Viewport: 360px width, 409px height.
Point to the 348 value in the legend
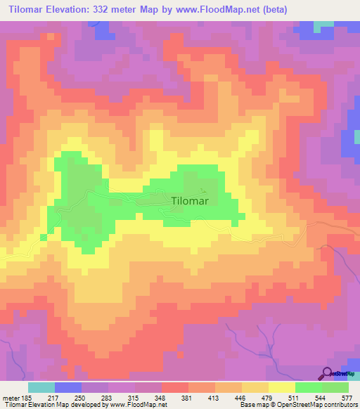[161, 398]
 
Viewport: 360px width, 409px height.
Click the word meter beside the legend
[10, 398]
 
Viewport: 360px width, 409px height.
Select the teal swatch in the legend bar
[41, 387]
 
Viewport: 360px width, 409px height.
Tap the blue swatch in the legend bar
[68, 387]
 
